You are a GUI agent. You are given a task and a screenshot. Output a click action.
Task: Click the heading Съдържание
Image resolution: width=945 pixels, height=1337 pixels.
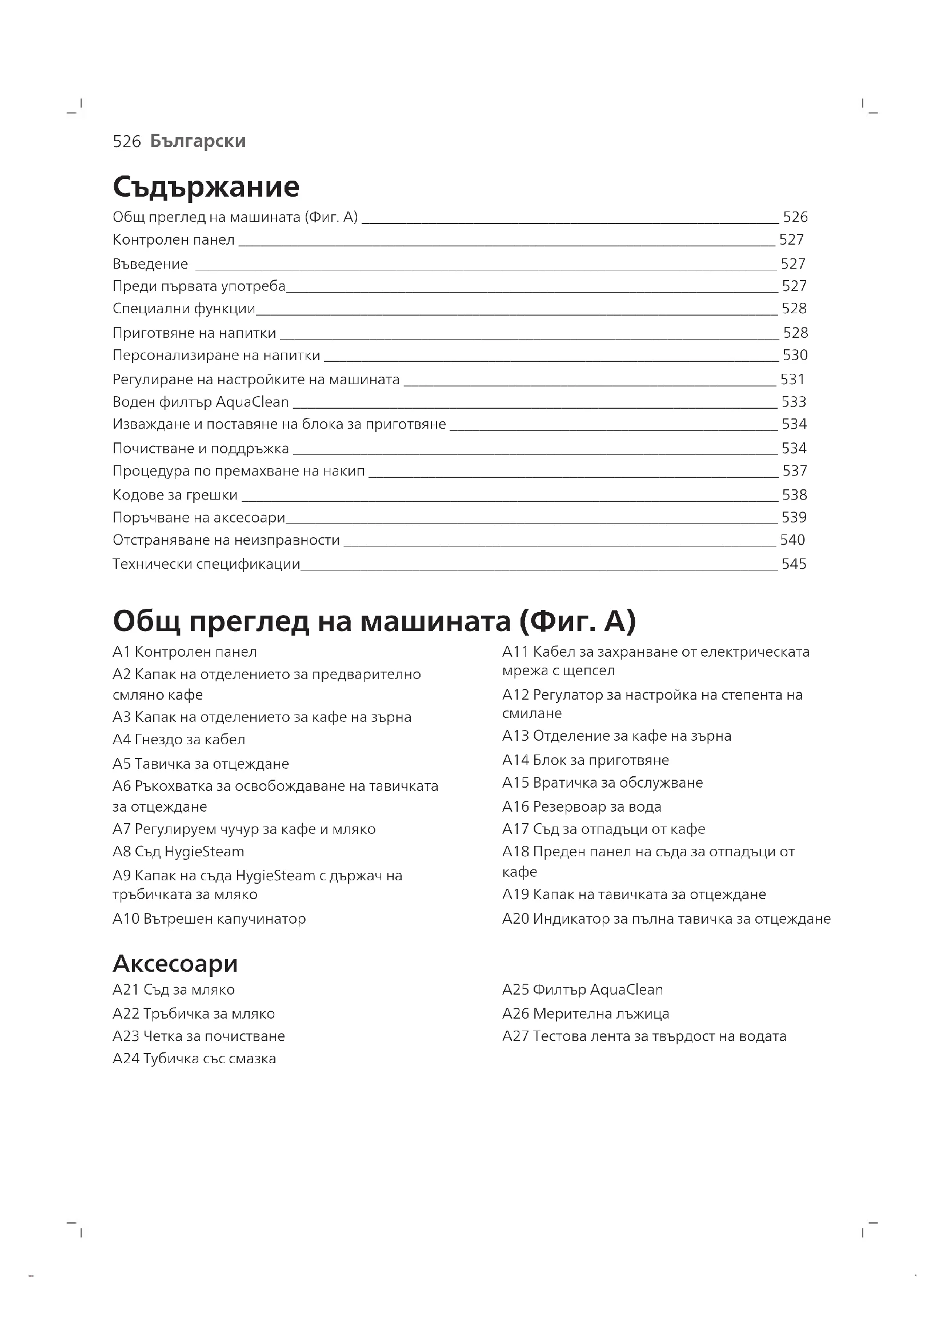[x=206, y=186]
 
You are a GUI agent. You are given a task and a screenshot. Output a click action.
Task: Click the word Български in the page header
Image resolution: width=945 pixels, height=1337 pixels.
[x=198, y=141]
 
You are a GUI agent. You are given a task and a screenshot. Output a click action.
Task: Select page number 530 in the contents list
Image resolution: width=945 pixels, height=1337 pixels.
[x=795, y=355]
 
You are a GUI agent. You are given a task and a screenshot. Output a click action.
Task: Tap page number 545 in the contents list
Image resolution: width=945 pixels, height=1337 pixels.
[x=794, y=564]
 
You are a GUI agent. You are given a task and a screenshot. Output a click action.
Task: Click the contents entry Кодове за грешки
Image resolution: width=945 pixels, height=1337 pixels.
[x=175, y=495]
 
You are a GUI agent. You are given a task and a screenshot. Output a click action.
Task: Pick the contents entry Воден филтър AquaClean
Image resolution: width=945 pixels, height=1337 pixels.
[x=201, y=402]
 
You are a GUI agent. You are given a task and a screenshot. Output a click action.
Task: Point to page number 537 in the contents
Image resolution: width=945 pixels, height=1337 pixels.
[x=795, y=470]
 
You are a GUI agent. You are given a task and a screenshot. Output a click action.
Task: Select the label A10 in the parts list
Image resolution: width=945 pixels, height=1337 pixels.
[x=126, y=919]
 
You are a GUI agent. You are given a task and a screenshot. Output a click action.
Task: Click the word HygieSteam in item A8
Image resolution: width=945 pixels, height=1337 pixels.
[x=204, y=851]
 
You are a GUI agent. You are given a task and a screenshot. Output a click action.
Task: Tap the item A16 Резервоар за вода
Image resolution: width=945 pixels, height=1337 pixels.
[x=581, y=807]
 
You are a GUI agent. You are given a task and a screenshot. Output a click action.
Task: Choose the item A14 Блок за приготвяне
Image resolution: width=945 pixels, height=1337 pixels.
[x=586, y=760]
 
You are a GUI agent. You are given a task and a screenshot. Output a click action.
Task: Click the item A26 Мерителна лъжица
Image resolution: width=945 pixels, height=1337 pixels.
[x=586, y=1014]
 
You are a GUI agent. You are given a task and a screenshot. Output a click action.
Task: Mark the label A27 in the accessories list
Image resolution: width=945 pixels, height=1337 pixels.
[x=515, y=1036]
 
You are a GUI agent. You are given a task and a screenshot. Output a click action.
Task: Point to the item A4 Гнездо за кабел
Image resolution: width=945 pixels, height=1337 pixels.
[x=179, y=740]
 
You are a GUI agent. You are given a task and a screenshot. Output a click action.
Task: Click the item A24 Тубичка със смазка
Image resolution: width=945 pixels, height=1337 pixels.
[x=194, y=1059]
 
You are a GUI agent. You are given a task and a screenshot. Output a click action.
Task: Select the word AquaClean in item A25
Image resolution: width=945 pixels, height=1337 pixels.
[x=626, y=990]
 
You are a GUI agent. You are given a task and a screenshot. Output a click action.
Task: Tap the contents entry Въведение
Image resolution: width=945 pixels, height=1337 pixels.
[x=150, y=265]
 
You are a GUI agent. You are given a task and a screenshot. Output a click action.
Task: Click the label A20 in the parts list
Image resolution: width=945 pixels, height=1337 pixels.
[x=515, y=919]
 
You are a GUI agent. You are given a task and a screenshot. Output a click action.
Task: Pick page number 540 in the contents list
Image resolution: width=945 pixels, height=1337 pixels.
[x=792, y=540]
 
